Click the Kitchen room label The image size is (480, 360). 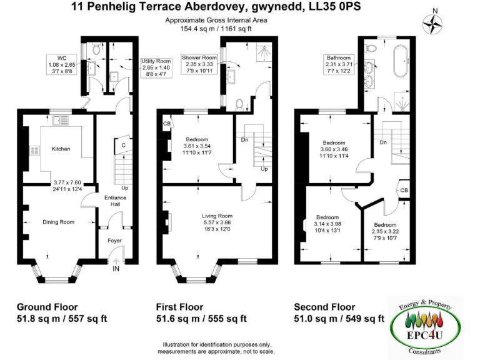(61, 149)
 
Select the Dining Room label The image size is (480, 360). (58, 222)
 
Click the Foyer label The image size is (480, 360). (114, 240)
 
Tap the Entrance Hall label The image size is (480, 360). (115, 201)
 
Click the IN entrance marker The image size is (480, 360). (116, 269)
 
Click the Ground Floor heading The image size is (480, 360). (47, 307)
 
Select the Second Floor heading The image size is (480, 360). (324, 307)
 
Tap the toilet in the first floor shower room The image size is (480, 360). (238, 103)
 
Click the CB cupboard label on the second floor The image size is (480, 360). (404, 190)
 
